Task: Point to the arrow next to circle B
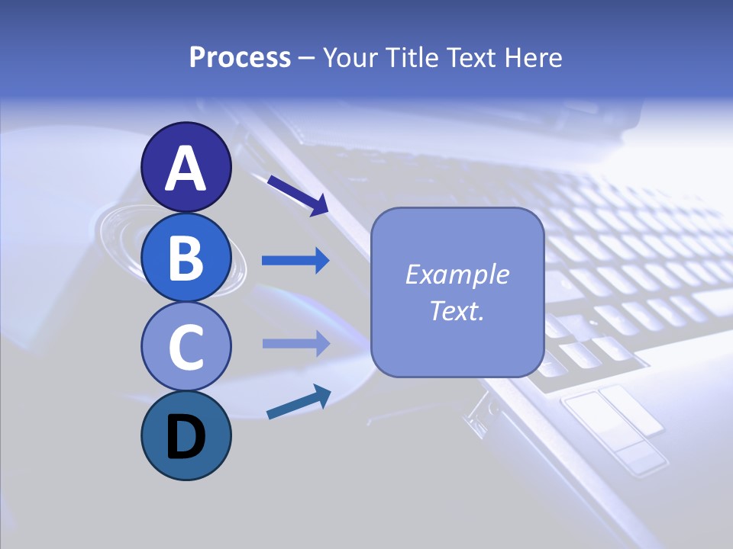pyautogui.click(x=295, y=261)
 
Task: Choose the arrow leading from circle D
pyautogui.click(x=299, y=402)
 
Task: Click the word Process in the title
pyautogui.click(x=240, y=57)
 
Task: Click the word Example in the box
pyautogui.click(x=457, y=274)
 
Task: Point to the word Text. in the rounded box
pyautogui.click(x=457, y=310)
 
